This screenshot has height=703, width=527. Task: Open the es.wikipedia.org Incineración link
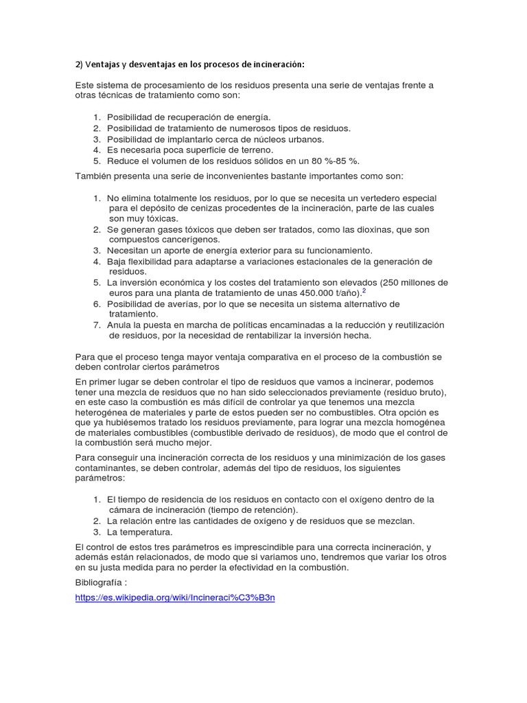click(x=175, y=597)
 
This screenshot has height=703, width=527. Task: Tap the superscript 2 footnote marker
click(x=363, y=290)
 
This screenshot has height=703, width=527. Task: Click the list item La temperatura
click(x=140, y=531)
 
